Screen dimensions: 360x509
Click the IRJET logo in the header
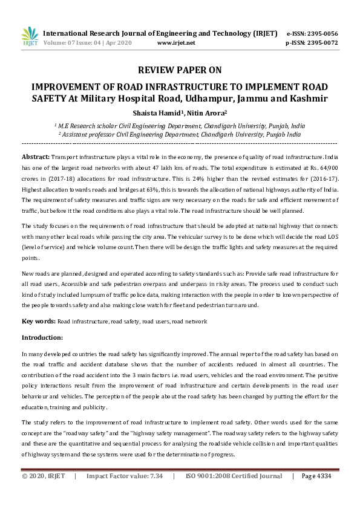30,37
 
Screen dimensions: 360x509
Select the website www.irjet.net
175,44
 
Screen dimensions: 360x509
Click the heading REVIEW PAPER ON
180,70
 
